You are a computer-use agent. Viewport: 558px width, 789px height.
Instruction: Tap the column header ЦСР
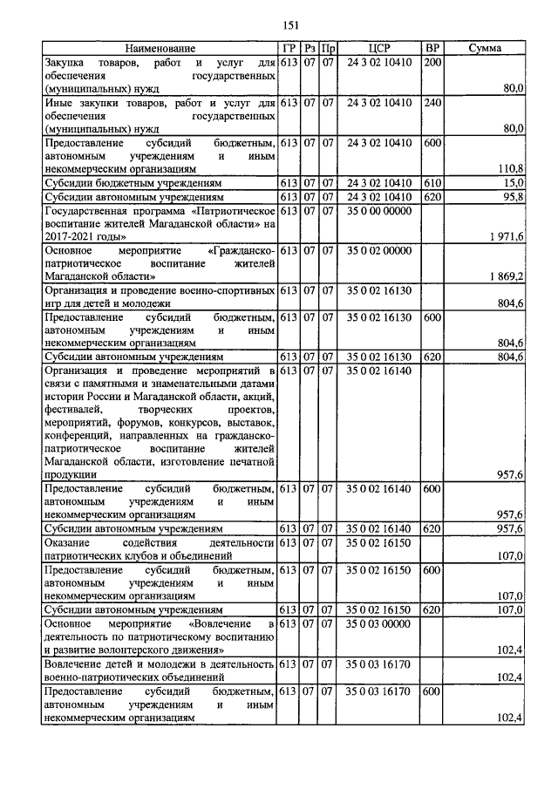tap(378, 49)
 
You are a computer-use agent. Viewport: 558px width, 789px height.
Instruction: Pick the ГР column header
tap(289, 49)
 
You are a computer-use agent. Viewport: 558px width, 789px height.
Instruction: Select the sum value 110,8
tap(509, 168)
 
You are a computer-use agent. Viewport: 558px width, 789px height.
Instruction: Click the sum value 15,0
tap(513, 183)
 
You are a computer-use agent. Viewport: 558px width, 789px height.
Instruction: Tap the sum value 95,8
tap(512, 197)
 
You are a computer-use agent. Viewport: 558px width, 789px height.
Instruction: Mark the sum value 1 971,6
tap(506, 237)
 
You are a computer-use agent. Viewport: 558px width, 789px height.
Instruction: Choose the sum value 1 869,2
tap(506, 276)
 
